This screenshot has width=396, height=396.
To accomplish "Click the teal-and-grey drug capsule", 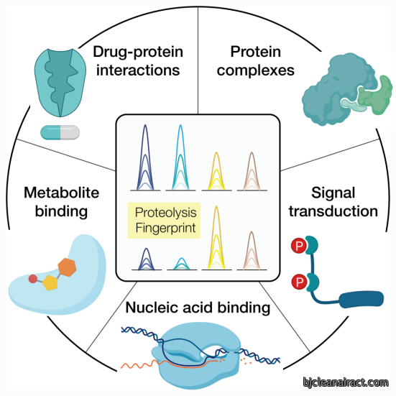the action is click(60, 132).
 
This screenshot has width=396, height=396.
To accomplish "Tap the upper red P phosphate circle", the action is click(299, 246).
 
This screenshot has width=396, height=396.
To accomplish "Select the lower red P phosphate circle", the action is click(299, 282).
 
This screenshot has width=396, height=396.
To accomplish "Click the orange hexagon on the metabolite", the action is click(67, 267).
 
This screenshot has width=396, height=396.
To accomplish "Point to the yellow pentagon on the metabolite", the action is click(50, 282).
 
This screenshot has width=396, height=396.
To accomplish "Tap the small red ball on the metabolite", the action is click(33, 279).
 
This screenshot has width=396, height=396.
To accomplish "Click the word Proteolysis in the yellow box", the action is click(166, 213).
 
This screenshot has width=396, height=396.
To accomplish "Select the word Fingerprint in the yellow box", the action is click(166, 228).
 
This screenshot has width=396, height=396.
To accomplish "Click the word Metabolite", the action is click(62, 193).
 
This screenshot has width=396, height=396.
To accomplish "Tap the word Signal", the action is click(333, 193).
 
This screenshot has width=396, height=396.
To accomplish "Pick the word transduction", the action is click(333, 211).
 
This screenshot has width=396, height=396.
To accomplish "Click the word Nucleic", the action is click(151, 308).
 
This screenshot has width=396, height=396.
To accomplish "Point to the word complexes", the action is click(256, 70).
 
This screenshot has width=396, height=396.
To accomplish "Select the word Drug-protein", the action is click(138, 52).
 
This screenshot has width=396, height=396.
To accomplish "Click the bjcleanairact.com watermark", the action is click(346, 382).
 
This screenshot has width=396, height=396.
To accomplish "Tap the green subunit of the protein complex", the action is click(376, 95).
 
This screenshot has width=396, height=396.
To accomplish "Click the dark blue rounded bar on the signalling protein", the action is click(362, 299).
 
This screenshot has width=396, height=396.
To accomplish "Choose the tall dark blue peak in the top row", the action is click(145, 157).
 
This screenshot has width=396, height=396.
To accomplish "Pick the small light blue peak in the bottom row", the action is click(182, 264).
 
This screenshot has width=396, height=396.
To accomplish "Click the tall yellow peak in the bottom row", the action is click(216, 238).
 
